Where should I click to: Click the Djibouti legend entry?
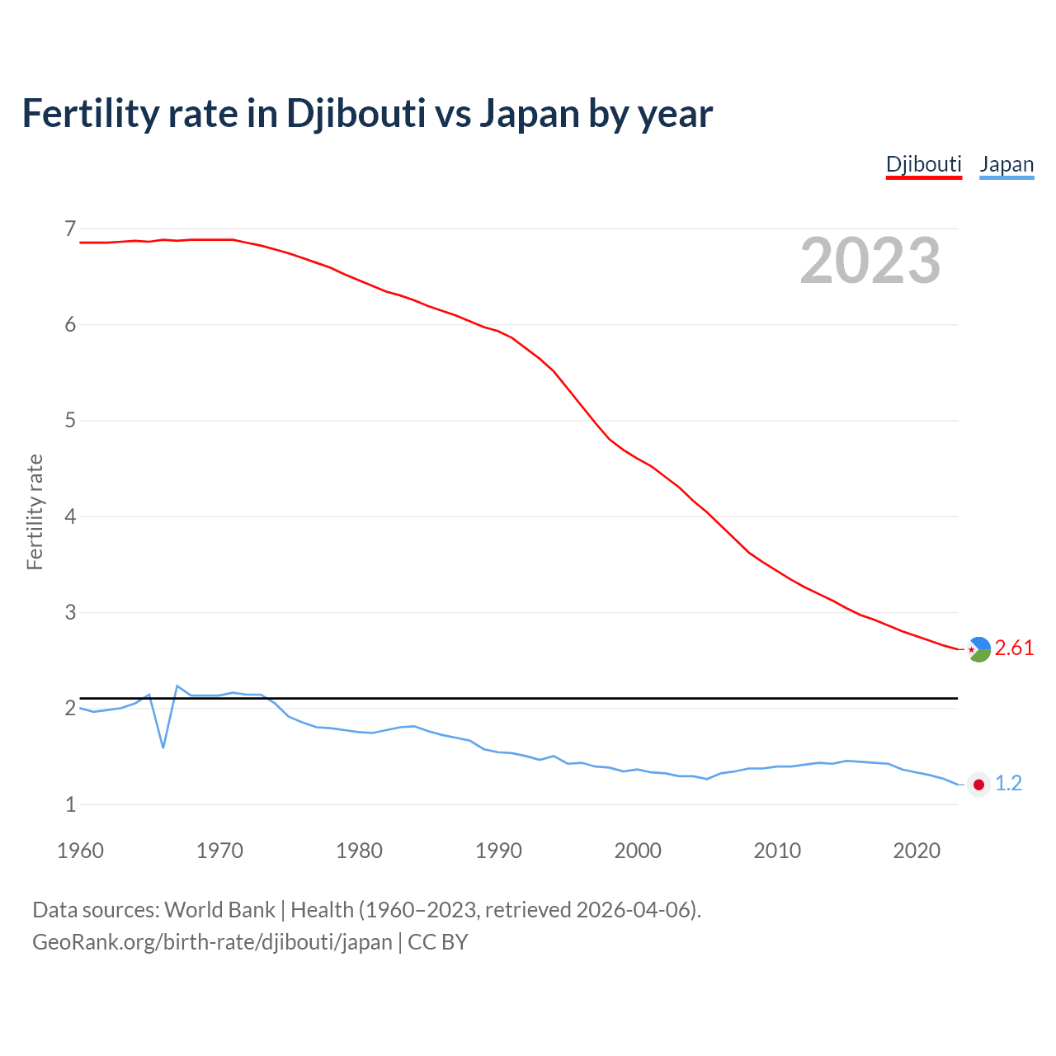[923, 164]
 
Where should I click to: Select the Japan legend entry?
[1006, 164]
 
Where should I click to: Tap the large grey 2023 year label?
[870, 261]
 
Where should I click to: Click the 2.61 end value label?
[1014, 648]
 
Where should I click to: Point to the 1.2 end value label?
[1008, 784]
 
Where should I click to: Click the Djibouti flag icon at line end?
[978, 649]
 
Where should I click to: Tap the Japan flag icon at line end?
[978, 785]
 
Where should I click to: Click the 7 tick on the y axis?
[70, 229]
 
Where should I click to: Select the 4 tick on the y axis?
[70, 516]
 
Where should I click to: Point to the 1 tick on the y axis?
[70, 804]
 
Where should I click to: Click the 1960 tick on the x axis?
[80, 851]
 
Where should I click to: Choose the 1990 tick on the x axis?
[498, 851]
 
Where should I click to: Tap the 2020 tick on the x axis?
[917, 851]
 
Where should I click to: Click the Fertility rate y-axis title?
[35, 511]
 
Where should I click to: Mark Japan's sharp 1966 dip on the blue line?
[163, 747]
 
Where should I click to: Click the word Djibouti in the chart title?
[356, 113]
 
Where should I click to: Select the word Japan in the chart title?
[530, 113]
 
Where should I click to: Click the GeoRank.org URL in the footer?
[212, 942]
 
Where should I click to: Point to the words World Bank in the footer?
[219, 910]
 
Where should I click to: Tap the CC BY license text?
[438, 942]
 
